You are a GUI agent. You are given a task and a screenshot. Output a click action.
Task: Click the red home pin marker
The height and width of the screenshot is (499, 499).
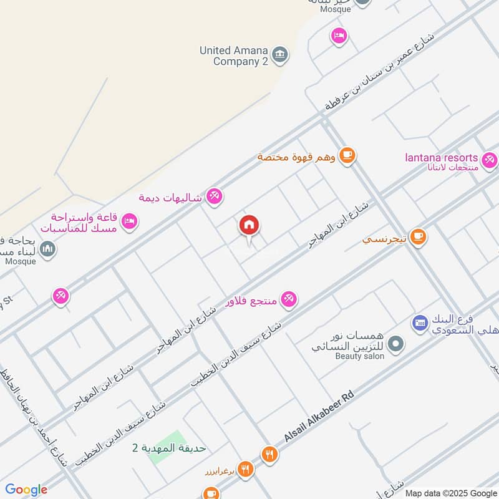pos(249,226)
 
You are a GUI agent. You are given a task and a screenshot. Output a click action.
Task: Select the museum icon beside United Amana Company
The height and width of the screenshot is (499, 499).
pos(281,53)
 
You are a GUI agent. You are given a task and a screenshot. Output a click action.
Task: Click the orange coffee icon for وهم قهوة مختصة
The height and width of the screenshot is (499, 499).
pos(347,155)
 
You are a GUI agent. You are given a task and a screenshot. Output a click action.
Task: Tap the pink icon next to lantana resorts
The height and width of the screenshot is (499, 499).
pos(490,160)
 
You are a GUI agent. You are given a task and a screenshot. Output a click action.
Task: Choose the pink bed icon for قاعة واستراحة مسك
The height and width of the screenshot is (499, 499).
pos(130,221)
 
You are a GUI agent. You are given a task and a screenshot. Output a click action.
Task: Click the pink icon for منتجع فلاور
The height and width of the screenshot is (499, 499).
pos(288,299)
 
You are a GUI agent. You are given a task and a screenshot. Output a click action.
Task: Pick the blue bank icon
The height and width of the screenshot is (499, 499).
pos(419,322)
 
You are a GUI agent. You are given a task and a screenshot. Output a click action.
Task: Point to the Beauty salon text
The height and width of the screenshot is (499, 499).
pos(360,356)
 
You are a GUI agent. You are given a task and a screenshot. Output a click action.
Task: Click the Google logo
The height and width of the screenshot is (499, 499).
pos(26,490)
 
